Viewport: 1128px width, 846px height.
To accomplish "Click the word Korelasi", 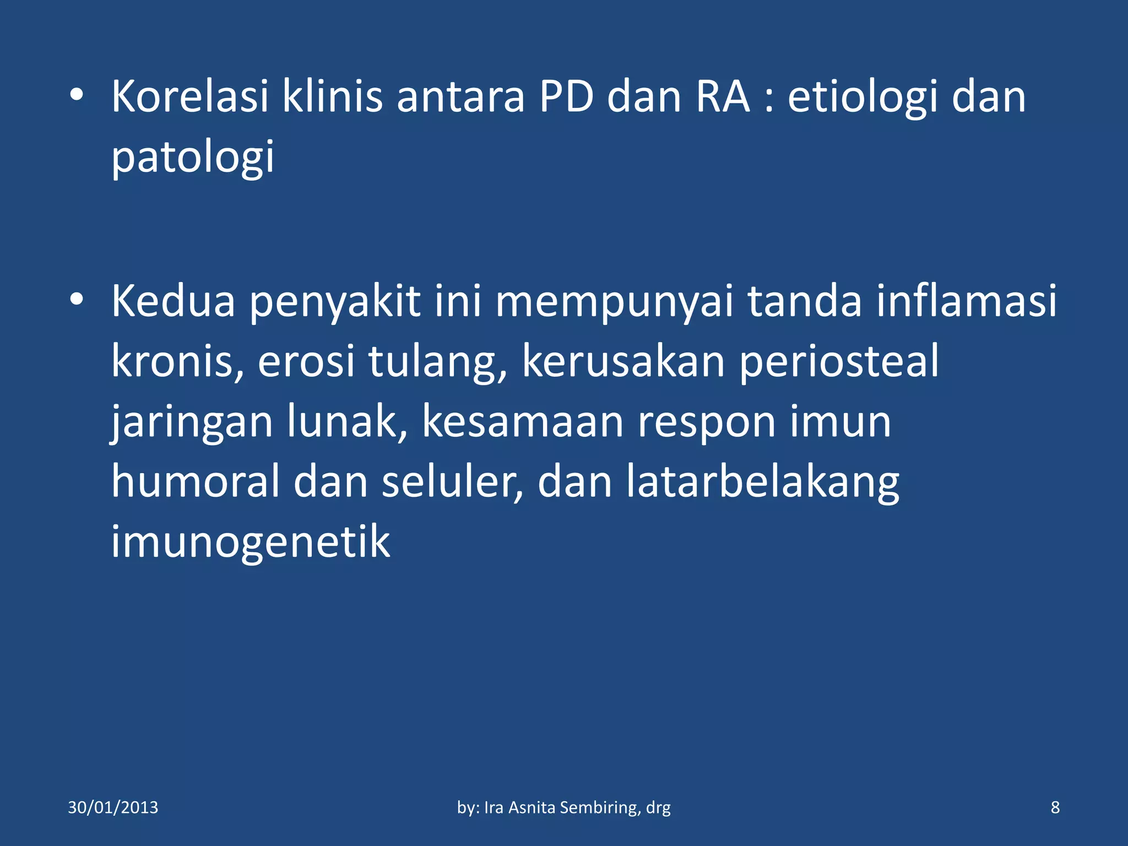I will (190, 97).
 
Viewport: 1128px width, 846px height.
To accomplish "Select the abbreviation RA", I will (723, 97).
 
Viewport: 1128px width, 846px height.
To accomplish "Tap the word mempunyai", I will (614, 303).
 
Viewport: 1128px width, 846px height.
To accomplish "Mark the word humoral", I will (196, 482).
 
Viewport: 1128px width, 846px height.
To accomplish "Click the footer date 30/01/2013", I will (113, 807).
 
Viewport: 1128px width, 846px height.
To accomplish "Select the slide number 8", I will (1055, 807).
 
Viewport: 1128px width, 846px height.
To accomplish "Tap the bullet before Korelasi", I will (77, 95).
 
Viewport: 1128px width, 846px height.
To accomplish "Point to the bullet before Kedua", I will (77, 300).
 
